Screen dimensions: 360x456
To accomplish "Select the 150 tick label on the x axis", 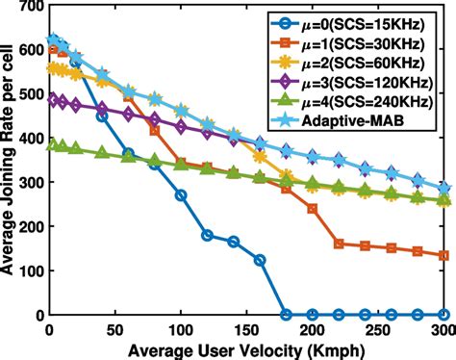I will coord(246,327).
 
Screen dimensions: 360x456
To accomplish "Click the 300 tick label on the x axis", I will coord(443,327).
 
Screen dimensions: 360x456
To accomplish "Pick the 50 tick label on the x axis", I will coord(115,327).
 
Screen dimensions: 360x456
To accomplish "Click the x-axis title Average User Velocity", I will coord(245,347).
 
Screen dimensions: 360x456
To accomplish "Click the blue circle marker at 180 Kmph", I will coord(286,314).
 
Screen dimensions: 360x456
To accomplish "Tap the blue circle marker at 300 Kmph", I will coord(443,314).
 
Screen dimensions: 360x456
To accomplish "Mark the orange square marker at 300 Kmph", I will coord(443,256).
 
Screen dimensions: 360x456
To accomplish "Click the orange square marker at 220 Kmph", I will coord(339,244).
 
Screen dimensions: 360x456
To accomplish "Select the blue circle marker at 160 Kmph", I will coord(260,260).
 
